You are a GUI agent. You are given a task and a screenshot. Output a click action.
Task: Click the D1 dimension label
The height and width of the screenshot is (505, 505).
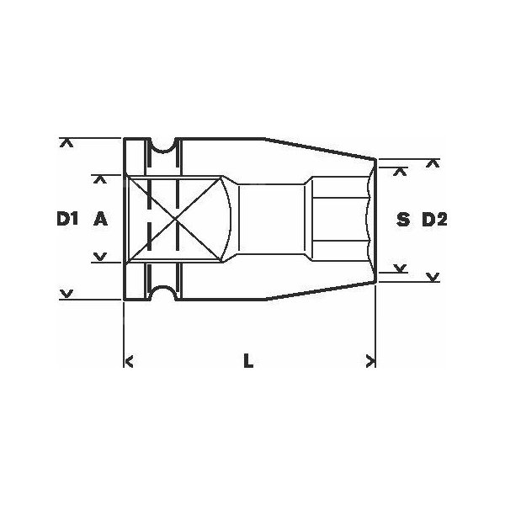(67, 220)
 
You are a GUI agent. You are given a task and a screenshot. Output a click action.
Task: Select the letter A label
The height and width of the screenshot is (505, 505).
(100, 220)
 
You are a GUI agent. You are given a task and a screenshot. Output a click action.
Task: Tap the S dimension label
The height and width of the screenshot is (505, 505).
(402, 221)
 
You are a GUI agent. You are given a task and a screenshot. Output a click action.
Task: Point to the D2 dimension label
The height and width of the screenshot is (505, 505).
(433, 221)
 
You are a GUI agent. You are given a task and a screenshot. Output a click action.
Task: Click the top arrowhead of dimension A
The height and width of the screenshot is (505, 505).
(100, 178)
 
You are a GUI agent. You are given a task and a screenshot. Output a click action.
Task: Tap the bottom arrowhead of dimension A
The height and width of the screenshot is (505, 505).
(100, 257)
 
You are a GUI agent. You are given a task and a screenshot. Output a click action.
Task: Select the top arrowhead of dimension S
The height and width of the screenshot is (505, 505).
(401, 171)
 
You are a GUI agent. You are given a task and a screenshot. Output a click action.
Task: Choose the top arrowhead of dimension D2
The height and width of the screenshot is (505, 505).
(433, 162)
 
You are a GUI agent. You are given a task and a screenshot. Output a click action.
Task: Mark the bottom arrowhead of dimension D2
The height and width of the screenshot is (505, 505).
(433, 277)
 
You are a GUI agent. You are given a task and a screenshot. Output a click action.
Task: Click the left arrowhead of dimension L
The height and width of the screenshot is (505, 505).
(129, 362)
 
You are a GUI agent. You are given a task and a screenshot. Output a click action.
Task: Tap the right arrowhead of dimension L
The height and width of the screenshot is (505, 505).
(369, 362)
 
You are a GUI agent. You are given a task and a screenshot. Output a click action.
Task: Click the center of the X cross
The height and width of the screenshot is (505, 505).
(174, 220)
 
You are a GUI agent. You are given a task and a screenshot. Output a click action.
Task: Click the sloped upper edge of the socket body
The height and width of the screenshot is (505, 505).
(320, 148)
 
